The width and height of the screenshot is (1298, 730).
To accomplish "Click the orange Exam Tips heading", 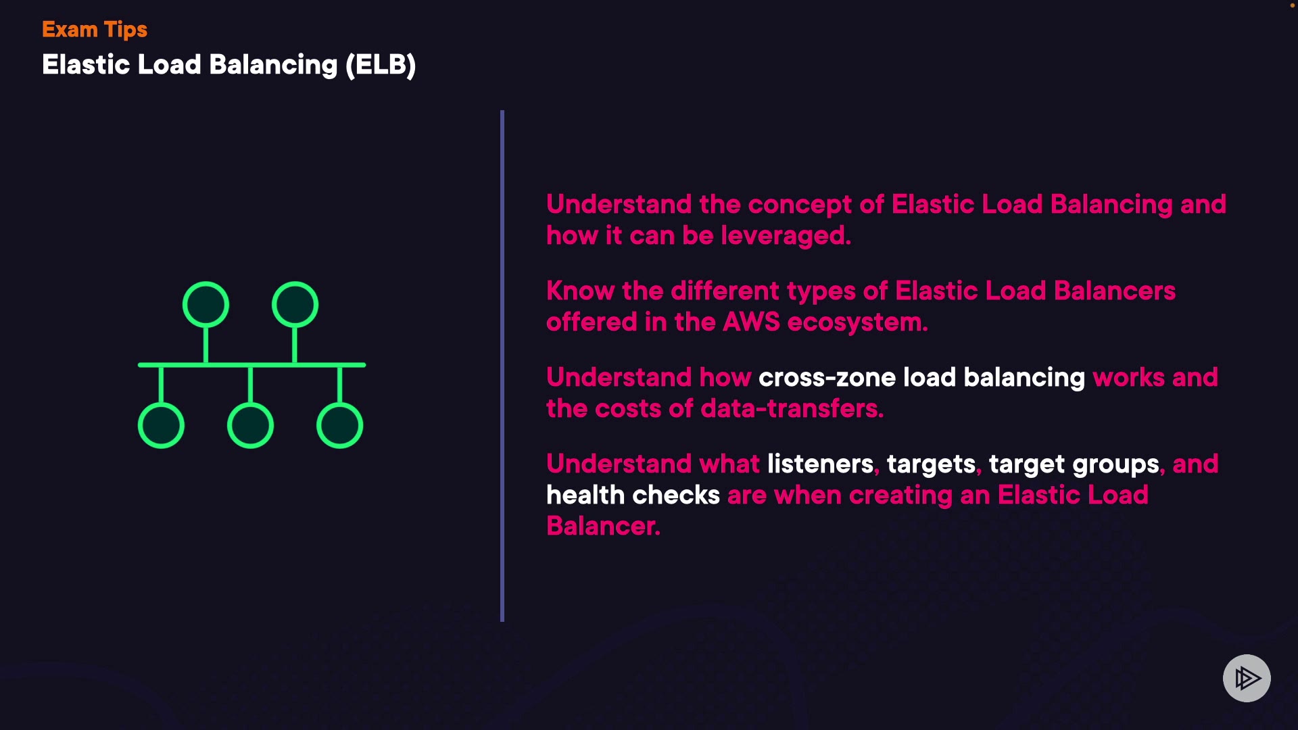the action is [x=95, y=30].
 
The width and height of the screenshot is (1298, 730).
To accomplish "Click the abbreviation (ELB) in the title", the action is [x=381, y=66].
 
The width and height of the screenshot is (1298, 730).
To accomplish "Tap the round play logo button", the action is [x=1247, y=678].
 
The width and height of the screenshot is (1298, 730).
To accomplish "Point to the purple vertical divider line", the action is [x=502, y=366].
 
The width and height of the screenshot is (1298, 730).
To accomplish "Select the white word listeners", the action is [x=820, y=464].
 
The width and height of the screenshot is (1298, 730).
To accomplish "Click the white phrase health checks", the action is [x=633, y=495].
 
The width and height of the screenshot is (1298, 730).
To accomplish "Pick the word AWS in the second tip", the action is [x=751, y=322].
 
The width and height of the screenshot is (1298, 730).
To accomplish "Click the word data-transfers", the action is [x=792, y=409].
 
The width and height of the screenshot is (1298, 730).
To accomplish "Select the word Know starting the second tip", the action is [x=580, y=291].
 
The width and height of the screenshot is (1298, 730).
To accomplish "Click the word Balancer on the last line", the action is [x=603, y=527].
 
